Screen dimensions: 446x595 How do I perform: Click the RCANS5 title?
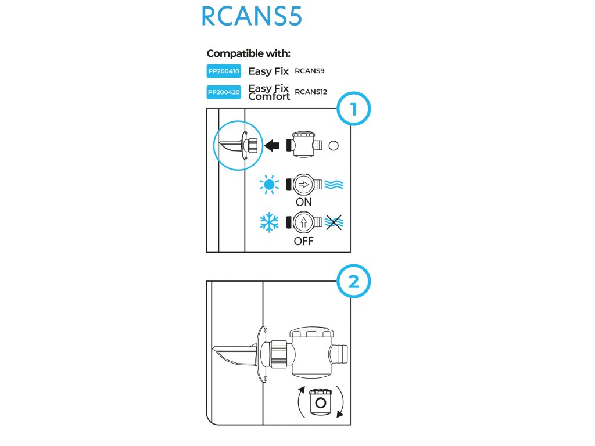click(x=251, y=17)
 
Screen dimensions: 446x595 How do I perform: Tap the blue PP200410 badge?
click(x=224, y=72)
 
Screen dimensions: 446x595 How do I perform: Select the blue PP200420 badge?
click(x=224, y=92)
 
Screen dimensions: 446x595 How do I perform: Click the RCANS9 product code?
click(x=310, y=71)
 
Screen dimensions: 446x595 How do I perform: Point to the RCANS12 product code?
click(x=311, y=92)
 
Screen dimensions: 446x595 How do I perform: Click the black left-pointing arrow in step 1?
click(x=271, y=146)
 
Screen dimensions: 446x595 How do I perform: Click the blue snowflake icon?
click(x=269, y=222)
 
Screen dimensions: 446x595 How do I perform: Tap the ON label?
click(x=303, y=203)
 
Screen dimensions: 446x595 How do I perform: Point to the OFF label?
click(x=303, y=240)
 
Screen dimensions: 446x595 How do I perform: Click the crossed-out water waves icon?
click(x=334, y=222)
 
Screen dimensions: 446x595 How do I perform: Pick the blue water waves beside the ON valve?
click(x=334, y=185)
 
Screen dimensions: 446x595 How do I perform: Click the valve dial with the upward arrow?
click(x=303, y=222)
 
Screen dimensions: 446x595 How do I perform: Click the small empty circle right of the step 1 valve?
click(x=334, y=146)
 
